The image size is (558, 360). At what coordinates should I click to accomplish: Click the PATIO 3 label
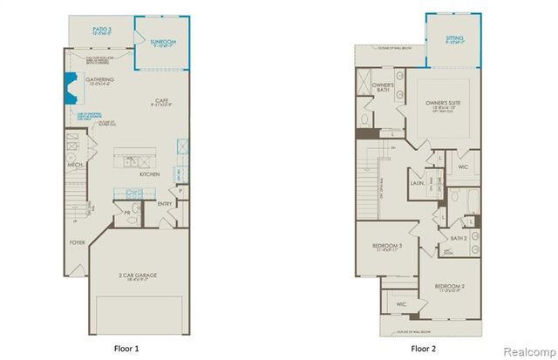pos(103,30)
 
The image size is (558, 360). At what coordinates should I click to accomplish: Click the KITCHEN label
pos(149,174)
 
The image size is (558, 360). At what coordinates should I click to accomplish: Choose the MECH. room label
pos(75,163)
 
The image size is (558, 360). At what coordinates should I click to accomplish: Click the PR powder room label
pos(127,211)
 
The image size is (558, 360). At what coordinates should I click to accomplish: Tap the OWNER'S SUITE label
pos(442,103)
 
